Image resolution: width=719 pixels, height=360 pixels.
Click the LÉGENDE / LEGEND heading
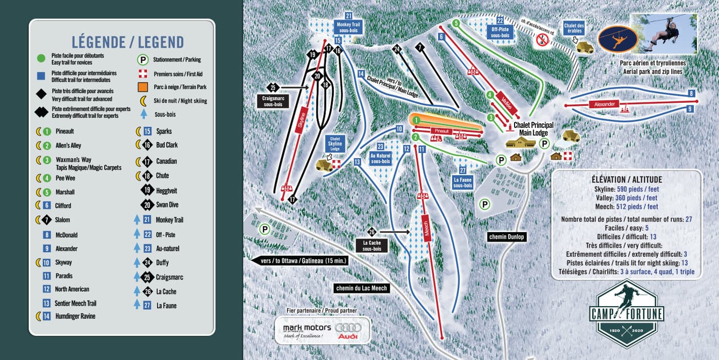[x=122, y=42]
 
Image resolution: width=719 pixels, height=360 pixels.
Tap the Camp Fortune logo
[x=626, y=313]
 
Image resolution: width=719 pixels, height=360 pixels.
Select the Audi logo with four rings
[x=348, y=331]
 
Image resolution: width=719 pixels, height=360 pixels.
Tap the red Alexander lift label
[x=604, y=105]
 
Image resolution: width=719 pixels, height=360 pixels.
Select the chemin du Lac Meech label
[x=362, y=288]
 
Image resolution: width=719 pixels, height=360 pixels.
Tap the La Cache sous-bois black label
[x=371, y=245]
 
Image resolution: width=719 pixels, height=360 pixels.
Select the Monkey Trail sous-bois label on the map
[x=348, y=27]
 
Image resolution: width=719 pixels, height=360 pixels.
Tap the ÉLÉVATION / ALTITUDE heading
[x=626, y=180]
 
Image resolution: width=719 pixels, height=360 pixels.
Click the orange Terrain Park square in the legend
[x=143, y=87]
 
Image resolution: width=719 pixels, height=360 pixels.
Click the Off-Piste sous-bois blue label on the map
[x=500, y=32]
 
